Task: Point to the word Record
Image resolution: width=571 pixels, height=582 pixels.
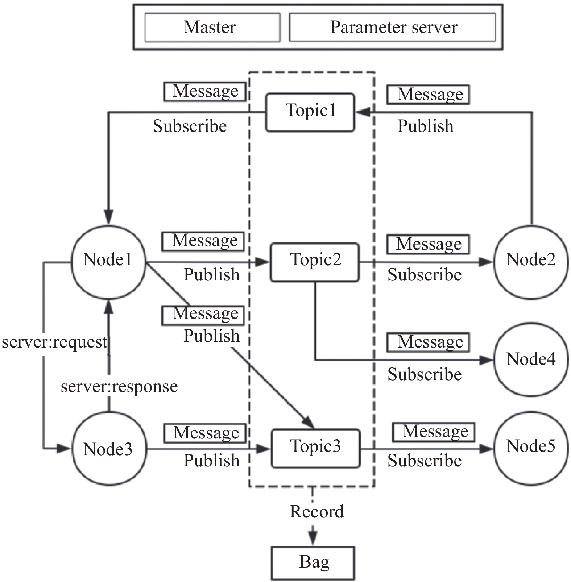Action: [x=317, y=511]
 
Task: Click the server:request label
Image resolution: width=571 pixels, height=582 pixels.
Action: [x=54, y=342]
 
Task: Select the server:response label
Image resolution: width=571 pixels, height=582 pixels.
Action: [x=119, y=387]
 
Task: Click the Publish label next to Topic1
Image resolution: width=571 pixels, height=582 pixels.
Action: [x=425, y=126]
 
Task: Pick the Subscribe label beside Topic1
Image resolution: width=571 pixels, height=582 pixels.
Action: [x=190, y=126]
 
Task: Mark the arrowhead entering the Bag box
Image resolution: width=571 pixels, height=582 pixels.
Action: [x=313, y=539]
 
